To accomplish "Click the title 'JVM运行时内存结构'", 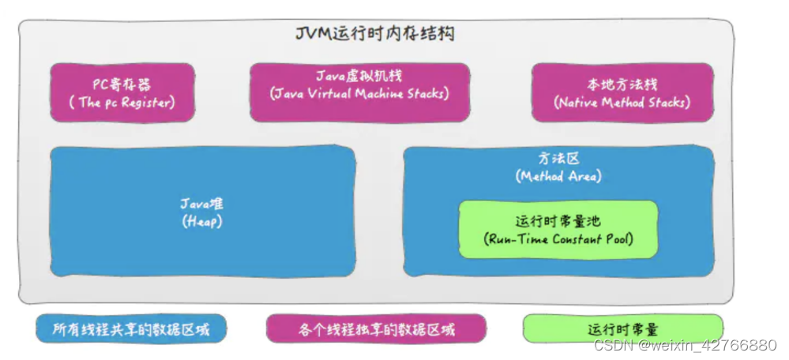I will [374, 35].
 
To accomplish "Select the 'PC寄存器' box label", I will [122, 84].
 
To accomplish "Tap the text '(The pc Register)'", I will [122, 103].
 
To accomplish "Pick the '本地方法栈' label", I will [622, 84].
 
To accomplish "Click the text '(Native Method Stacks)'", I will [622, 103].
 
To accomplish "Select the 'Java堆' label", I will [201, 204].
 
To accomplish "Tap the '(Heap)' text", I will [201, 222].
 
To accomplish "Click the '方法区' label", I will [558, 158].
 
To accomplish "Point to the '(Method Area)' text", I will [558, 176].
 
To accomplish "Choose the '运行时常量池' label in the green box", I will [558, 221].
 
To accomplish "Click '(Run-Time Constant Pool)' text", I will [558, 239].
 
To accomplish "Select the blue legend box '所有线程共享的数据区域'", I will [131, 328].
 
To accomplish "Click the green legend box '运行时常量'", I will [623, 328].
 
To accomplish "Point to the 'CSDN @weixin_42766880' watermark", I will [685, 346].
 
